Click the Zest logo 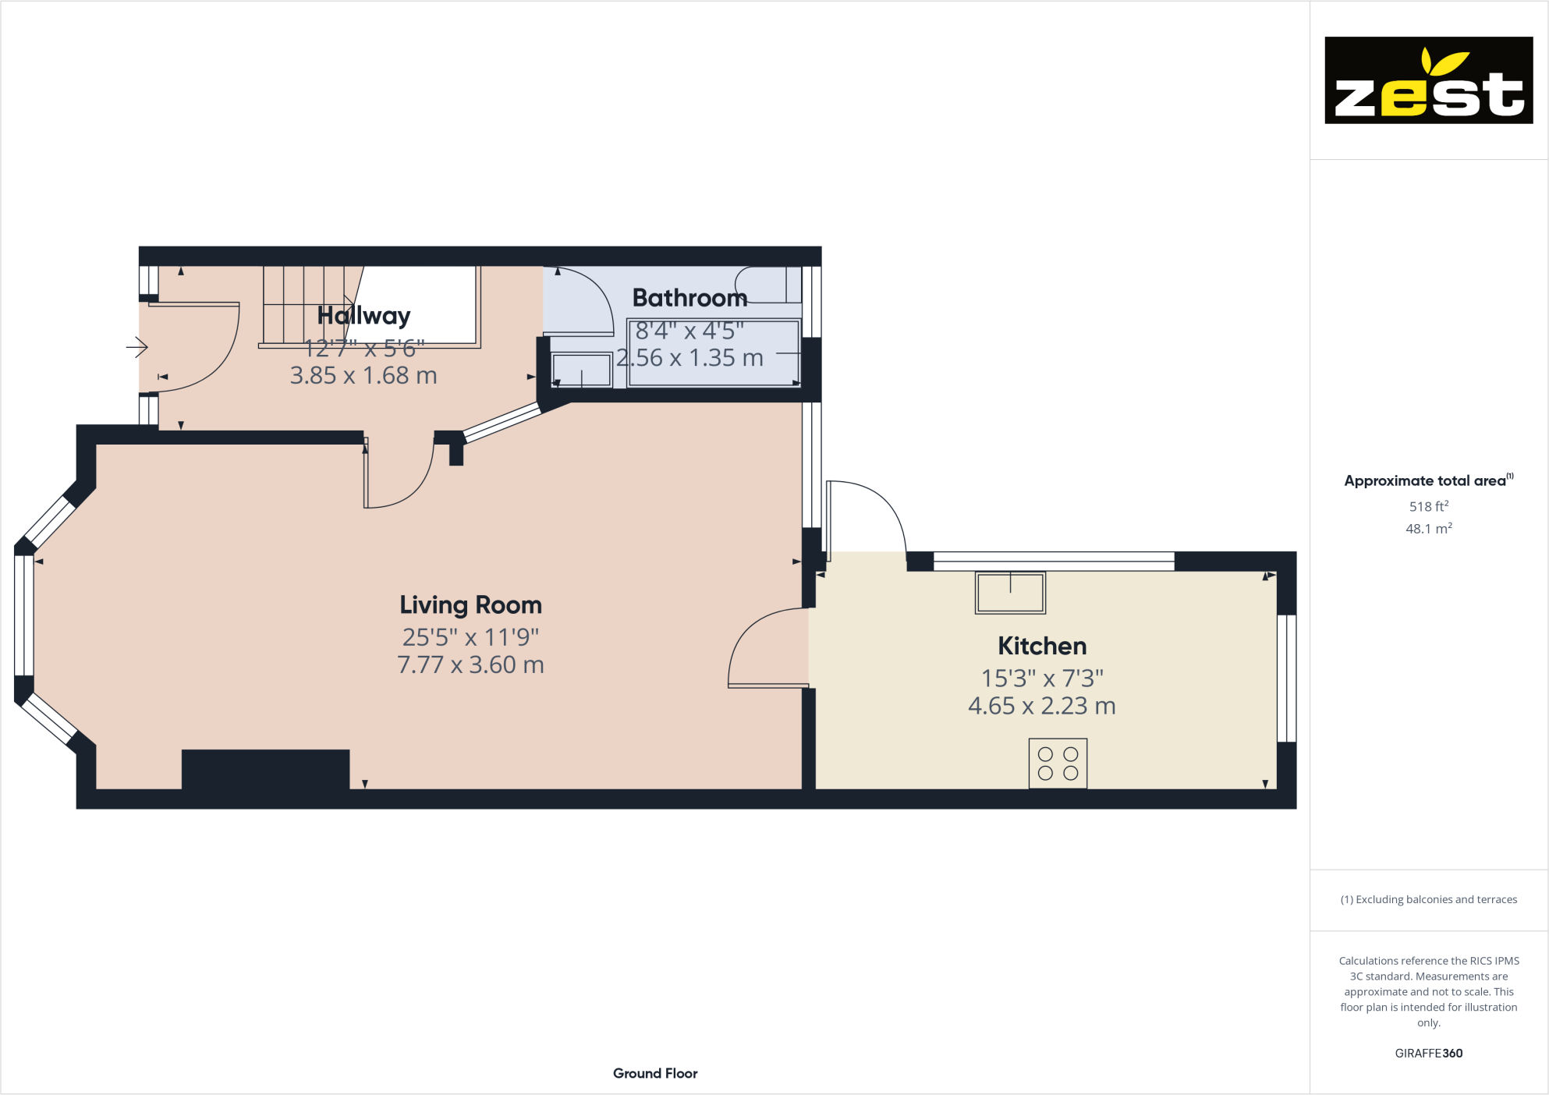pyautogui.click(x=1428, y=80)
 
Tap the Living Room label pyautogui.click(x=470, y=605)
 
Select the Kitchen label pyautogui.click(x=1042, y=647)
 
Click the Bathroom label pyautogui.click(x=689, y=298)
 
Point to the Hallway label pyautogui.click(x=363, y=316)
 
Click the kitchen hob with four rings pyautogui.click(x=1058, y=764)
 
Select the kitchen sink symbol pyautogui.click(x=1010, y=594)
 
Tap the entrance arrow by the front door pyautogui.click(x=137, y=347)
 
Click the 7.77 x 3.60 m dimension pyautogui.click(x=470, y=665)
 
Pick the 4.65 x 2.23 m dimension pyautogui.click(x=1042, y=706)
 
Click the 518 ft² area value pyautogui.click(x=1428, y=507)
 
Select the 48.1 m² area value pyautogui.click(x=1428, y=529)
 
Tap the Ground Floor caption pyautogui.click(x=655, y=1073)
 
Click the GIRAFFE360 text pyautogui.click(x=1428, y=1053)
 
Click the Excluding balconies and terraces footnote pyautogui.click(x=1428, y=899)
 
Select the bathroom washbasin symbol pyautogui.click(x=582, y=370)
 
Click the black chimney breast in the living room pyautogui.click(x=265, y=770)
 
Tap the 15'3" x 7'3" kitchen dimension pyautogui.click(x=1042, y=679)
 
